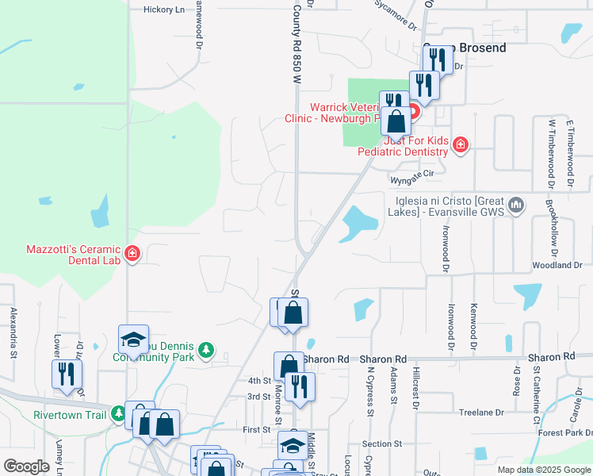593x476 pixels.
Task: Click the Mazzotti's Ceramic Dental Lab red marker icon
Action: click(132, 254)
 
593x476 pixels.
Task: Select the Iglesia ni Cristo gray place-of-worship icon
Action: click(516, 206)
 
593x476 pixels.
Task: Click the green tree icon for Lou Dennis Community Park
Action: click(206, 350)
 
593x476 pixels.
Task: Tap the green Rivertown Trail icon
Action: click(118, 413)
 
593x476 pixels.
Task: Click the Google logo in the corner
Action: click(26, 466)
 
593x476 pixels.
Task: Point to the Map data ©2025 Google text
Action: click(543, 470)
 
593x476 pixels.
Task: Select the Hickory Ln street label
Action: click(163, 10)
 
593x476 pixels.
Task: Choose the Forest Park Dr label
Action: click(564, 433)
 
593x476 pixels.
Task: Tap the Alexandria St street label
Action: click(13, 333)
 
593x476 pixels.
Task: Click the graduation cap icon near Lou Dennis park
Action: click(133, 340)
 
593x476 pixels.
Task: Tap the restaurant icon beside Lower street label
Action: click(67, 374)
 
